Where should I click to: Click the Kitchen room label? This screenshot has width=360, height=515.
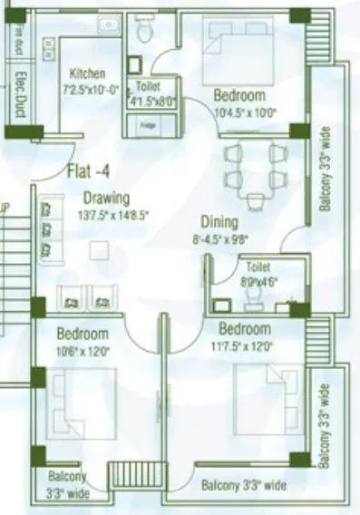click(87, 73)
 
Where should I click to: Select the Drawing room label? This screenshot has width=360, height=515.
click(106, 198)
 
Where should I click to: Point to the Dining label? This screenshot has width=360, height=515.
click(219, 221)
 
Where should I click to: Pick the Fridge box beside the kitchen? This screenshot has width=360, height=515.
click(147, 126)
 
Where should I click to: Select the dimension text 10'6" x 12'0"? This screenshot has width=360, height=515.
click(83, 350)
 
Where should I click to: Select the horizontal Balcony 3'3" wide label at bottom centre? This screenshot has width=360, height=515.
click(244, 486)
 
